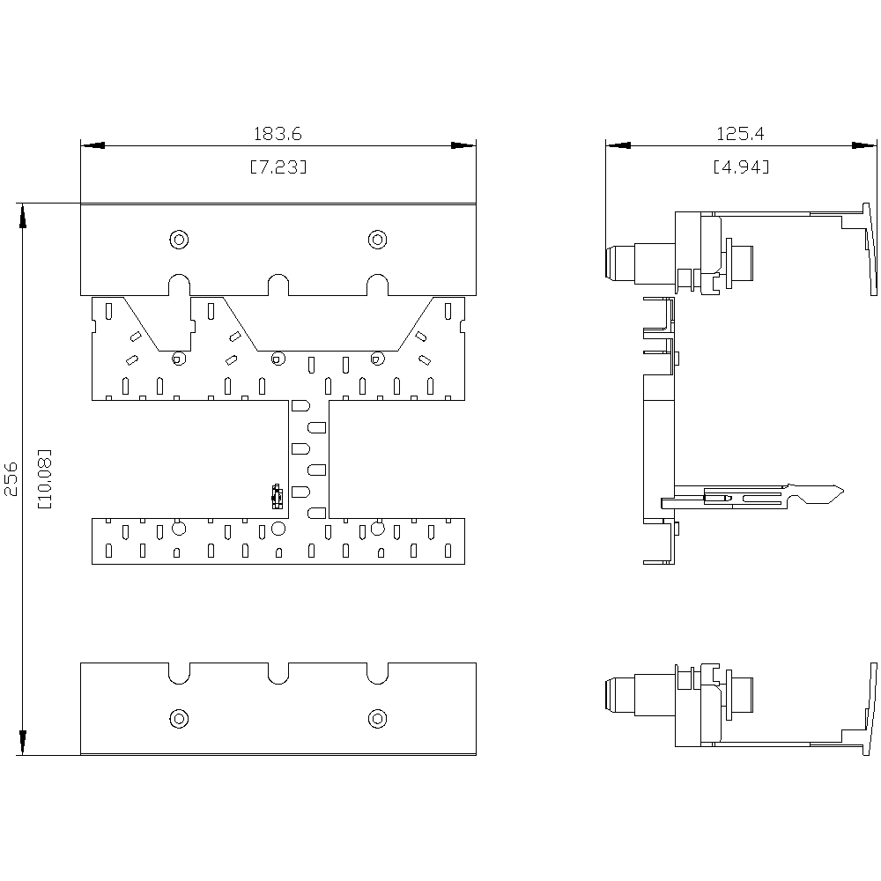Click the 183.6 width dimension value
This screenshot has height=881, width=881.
(x=278, y=134)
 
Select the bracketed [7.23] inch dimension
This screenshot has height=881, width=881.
(x=278, y=167)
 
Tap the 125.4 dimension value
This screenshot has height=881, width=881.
(x=740, y=134)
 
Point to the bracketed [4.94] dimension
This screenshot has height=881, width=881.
(x=741, y=167)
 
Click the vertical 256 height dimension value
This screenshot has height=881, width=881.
(x=11, y=478)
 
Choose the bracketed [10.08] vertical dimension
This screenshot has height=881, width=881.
(x=44, y=478)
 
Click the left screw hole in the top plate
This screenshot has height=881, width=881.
(x=179, y=240)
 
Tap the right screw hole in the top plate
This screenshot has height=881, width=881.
(x=377, y=240)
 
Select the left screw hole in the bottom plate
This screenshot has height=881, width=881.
(x=179, y=719)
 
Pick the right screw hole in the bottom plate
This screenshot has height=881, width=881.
(x=377, y=719)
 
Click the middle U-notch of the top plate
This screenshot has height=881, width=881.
(x=278, y=275)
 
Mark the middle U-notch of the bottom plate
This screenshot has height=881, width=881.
(x=278, y=683)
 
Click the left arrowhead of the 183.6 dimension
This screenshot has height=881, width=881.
(x=93, y=145)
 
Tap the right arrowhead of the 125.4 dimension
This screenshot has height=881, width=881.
(x=864, y=145)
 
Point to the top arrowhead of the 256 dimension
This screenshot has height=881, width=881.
(x=23, y=216)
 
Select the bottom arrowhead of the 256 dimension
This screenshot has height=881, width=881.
(x=23, y=743)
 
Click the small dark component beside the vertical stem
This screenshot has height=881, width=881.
(x=277, y=496)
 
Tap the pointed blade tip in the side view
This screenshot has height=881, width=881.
(x=843, y=491)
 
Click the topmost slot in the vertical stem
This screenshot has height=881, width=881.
(x=300, y=405)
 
